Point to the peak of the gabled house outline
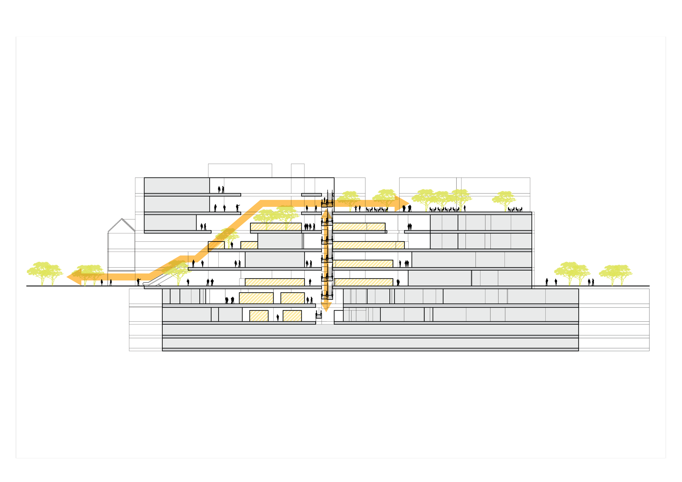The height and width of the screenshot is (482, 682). tap(122, 219)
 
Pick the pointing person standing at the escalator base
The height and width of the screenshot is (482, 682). tap(138, 282)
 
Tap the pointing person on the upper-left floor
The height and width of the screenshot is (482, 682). tap(237, 207)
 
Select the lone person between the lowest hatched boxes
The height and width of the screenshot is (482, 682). tap(278, 318)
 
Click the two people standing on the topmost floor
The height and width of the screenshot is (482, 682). tap(221, 189)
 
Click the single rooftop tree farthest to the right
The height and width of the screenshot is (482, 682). tap(504, 200)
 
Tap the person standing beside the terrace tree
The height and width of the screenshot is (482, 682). tap(232, 245)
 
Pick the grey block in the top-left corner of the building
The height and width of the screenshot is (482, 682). tap(177, 185)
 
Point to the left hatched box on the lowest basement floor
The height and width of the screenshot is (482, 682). tap(259, 316)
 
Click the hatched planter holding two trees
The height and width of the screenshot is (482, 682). tap(276, 227)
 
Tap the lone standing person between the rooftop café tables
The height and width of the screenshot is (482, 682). tap(465, 208)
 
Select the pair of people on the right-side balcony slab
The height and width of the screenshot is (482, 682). tap(410, 227)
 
